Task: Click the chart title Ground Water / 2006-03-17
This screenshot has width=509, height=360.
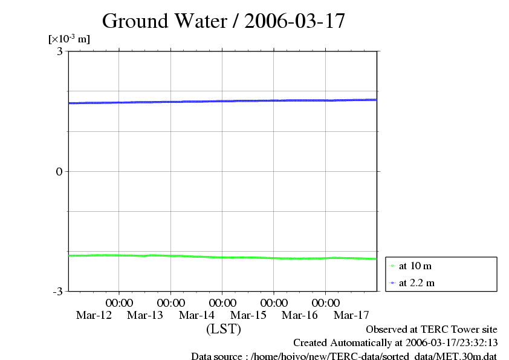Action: (224, 21)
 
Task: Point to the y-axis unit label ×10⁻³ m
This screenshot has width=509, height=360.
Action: (69, 39)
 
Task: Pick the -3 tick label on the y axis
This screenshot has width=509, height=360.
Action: (58, 292)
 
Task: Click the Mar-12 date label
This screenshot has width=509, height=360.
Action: (94, 315)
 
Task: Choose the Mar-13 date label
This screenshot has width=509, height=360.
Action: (145, 315)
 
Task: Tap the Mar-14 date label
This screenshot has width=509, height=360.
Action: (197, 315)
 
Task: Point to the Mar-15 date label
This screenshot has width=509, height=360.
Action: (248, 315)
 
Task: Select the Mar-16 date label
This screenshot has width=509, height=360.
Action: (300, 315)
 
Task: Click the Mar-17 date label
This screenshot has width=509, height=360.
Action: (352, 315)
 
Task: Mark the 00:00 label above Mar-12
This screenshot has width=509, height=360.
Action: (119, 303)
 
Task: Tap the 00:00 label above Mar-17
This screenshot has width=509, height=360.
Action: (326, 303)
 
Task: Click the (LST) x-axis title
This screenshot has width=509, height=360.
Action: (224, 329)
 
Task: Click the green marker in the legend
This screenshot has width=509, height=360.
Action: (392, 266)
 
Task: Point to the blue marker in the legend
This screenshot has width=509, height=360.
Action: (392, 283)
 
